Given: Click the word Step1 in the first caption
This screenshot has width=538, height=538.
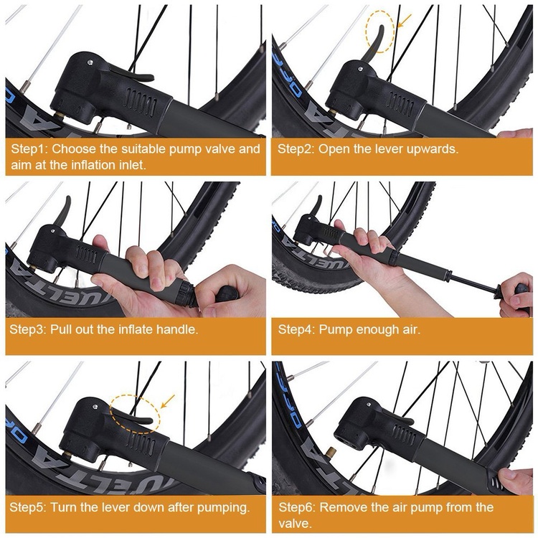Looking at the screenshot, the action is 29,149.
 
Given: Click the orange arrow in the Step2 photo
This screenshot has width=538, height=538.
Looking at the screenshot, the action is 405,22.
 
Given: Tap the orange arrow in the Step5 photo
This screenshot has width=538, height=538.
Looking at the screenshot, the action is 168,401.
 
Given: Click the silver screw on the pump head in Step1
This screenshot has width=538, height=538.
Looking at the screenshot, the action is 90,62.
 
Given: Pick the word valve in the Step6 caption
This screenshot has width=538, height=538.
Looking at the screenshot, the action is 294,524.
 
